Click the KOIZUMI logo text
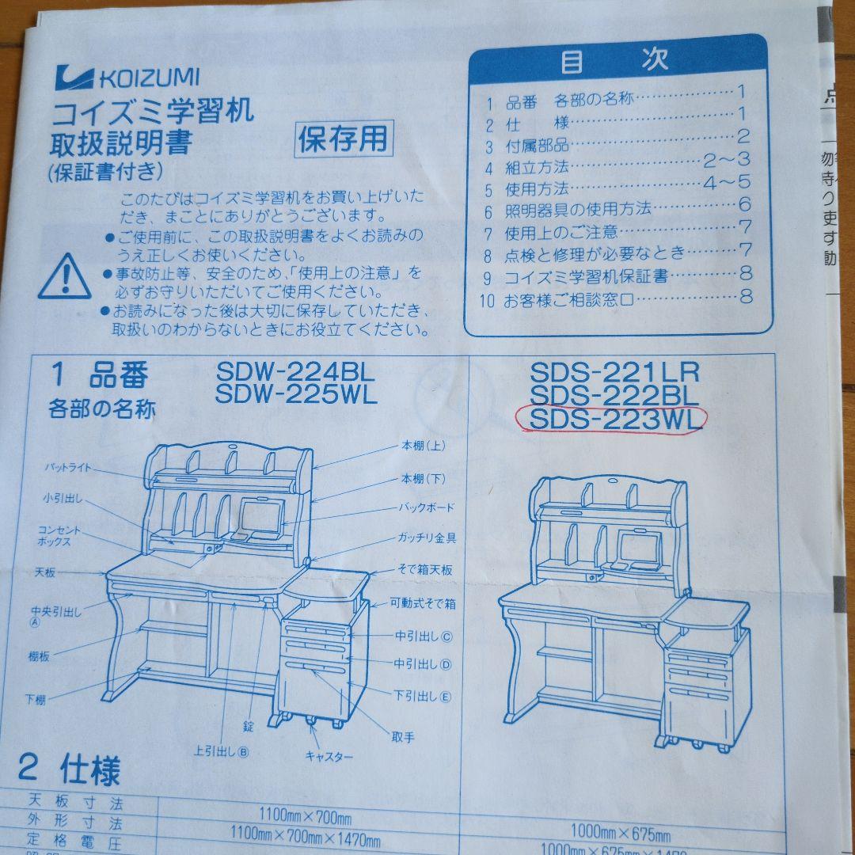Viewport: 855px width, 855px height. tap(148, 78)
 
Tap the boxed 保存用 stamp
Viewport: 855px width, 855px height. tap(343, 139)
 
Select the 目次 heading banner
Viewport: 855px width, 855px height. tap(618, 61)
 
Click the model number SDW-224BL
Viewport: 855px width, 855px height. tap(295, 370)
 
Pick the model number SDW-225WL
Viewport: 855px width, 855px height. tap(296, 393)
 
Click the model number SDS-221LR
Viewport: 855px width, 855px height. tap(615, 371)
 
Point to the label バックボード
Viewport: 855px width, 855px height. tap(426, 507)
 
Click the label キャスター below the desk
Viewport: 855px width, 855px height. tap(329, 756)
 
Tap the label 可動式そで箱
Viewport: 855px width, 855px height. tap(424, 603)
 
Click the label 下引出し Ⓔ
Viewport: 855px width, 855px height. tap(423, 696)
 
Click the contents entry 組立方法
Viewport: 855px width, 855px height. tap(537, 167)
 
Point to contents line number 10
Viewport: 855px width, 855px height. tap(486, 300)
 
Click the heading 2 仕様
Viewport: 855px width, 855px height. tap(70, 769)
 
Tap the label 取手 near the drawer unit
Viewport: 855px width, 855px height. tap(403, 737)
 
